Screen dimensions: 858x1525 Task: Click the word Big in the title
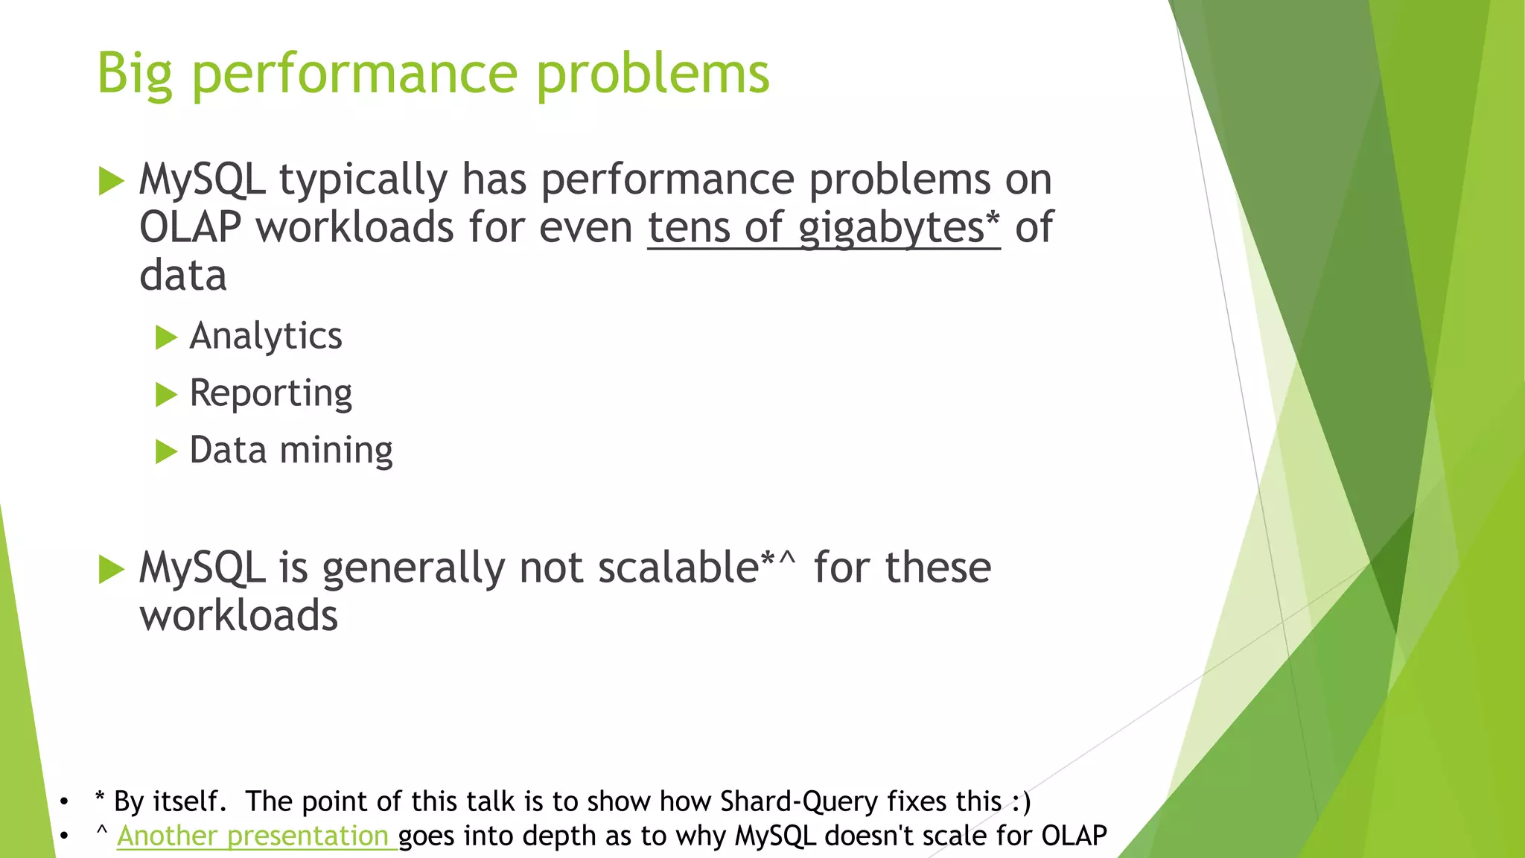tap(135, 74)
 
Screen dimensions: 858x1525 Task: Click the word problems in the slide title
tap(652, 74)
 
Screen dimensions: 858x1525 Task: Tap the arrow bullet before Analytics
tap(166, 337)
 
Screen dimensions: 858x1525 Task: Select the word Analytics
tap(266, 336)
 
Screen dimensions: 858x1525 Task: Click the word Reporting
tap(270, 393)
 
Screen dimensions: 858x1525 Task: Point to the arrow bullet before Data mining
tap(166, 451)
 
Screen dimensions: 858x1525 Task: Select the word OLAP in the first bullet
tap(191, 227)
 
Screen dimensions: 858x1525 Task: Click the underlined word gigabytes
tap(891, 227)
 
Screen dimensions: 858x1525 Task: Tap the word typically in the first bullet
tap(363, 179)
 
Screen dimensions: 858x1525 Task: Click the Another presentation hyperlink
tap(253, 836)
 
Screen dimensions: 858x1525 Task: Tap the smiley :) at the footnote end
tap(1021, 801)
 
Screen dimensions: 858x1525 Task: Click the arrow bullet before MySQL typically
tap(111, 181)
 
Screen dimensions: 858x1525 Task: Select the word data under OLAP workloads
tap(183, 276)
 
